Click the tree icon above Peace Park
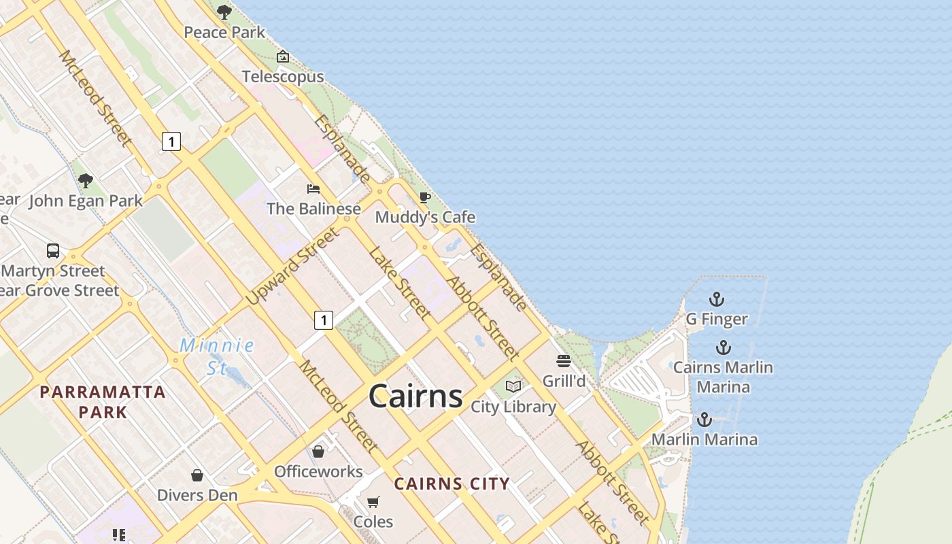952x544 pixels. click(x=224, y=12)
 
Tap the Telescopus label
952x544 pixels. click(x=283, y=77)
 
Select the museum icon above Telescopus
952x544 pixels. click(x=283, y=56)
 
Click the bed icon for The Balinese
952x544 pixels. click(x=313, y=188)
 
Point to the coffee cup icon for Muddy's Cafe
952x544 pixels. click(x=425, y=198)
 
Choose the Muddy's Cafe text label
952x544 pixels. click(x=425, y=218)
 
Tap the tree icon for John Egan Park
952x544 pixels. click(x=85, y=181)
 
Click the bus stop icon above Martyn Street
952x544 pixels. click(x=53, y=251)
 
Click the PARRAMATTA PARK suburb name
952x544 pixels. click(x=103, y=401)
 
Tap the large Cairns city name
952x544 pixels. click(x=415, y=396)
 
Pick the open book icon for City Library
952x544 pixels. click(x=513, y=387)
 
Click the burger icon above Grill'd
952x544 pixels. click(x=563, y=361)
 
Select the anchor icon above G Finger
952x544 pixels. click(x=716, y=299)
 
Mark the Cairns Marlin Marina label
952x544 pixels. click(x=723, y=377)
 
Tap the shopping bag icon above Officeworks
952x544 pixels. click(x=318, y=451)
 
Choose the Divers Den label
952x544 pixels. click(x=197, y=495)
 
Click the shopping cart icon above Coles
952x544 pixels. click(x=373, y=502)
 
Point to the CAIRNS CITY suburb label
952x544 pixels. click(x=452, y=484)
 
